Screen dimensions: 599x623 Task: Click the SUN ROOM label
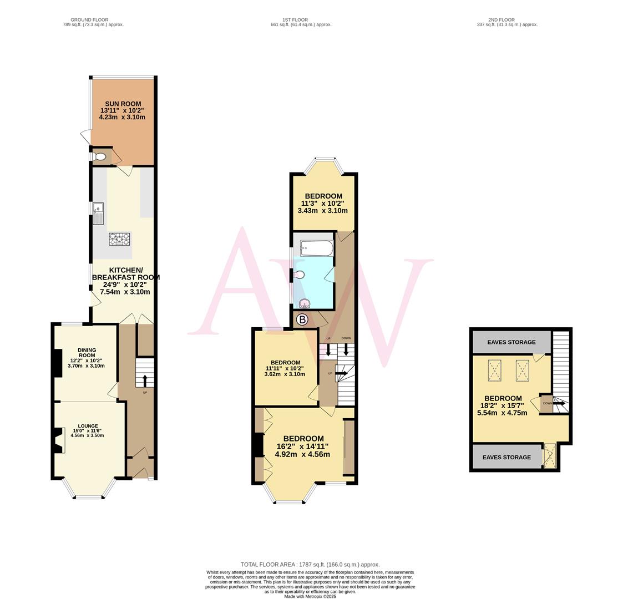coord(123,104)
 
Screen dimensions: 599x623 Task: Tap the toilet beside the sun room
coord(100,157)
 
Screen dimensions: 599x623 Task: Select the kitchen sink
coord(98,213)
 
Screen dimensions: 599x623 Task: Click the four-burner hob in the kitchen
coord(119,239)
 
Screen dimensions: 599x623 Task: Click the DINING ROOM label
coord(87,353)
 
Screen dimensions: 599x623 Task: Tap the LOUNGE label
coord(88,426)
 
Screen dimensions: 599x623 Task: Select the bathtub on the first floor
coord(317,248)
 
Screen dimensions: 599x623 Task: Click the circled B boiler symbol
coord(302,319)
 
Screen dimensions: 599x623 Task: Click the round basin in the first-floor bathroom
coord(304,303)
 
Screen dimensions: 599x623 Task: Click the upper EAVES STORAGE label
coord(511,342)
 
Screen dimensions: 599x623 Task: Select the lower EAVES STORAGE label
coord(506,458)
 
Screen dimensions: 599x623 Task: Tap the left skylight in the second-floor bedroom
coord(494,370)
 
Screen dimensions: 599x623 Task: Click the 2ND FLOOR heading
coord(501,20)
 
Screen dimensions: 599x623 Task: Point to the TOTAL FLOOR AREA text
coord(310,565)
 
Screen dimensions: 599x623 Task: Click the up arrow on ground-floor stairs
coord(145,380)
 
